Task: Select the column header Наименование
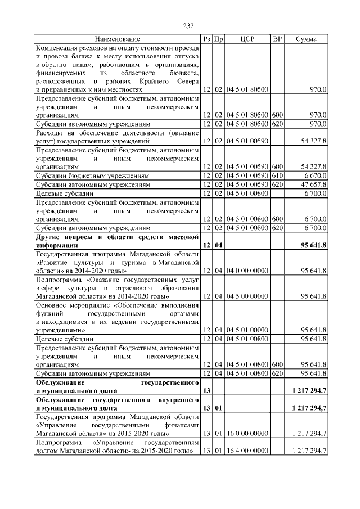tap(118, 39)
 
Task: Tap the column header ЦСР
tap(247, 39)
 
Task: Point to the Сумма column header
tap(306, 39)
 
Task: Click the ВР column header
tap(277, 39)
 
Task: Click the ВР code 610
tap(277, 175)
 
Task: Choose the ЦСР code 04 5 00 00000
tap(247, 295)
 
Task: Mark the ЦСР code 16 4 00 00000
tap(247, 451)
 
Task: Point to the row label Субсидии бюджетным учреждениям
tap(85, 175)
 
